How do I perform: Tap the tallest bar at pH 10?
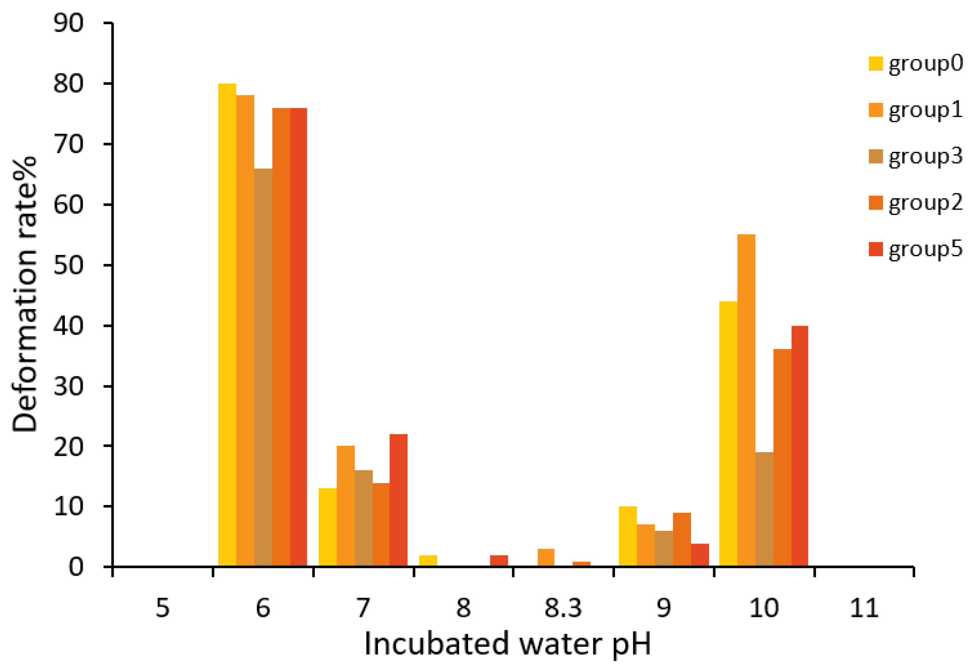(746, 400)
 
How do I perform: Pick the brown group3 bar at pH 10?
(764, 509)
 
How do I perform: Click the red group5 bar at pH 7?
(398, 500)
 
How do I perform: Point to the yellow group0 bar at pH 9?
(628, 536)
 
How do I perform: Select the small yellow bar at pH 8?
(428, 561)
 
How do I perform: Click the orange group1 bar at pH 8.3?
(546, 557)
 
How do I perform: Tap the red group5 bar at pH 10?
(799, 446)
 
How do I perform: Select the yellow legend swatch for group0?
(876, 64)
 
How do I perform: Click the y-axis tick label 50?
(69, 265)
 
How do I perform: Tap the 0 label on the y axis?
(76, 567)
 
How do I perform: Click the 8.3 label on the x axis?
(563, 608)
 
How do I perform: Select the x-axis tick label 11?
(864, 608)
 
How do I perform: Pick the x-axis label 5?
(163, 608)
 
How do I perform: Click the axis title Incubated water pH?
(507, 644)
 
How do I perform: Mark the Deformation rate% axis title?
(25, 294)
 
